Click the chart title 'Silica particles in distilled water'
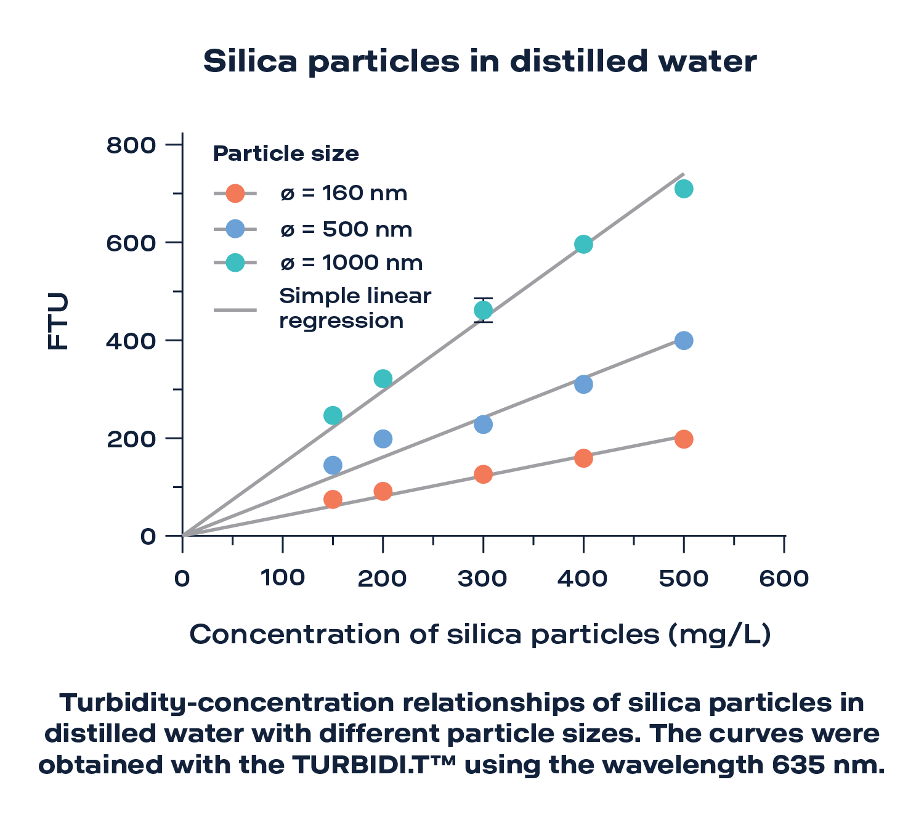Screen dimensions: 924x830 click(x=479, y=61)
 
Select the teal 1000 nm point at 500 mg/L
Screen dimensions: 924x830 click(x=683, y=189)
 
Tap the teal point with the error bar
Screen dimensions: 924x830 click(x=483, y=311)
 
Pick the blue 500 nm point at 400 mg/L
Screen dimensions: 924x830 click(x=583, y=384)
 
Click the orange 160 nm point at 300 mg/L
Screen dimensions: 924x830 click(x=483, y=474)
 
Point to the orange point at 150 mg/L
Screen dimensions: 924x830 click(x=333, y=499)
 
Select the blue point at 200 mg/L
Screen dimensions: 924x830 click(x=383, y=439)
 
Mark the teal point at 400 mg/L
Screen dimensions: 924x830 click(x=583, y=244)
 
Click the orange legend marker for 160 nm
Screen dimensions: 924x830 click(x=235, y=193)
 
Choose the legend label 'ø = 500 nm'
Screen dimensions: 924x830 click(x=346, y=229)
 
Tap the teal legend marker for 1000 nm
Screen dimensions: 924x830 click(x=235, y=262)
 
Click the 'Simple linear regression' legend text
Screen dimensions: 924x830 click(x=355, y=308)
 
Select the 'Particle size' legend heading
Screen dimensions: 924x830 click(x=286, y=153)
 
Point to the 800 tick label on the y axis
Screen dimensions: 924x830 click(x=131, y=145)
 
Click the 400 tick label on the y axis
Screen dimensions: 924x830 click(x=131, y=341)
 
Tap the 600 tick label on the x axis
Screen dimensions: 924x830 click(x=784, y=578)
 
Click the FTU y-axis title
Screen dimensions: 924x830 click(x=58, y=321)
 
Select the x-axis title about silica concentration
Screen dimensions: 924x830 click(x=480, y=634)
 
